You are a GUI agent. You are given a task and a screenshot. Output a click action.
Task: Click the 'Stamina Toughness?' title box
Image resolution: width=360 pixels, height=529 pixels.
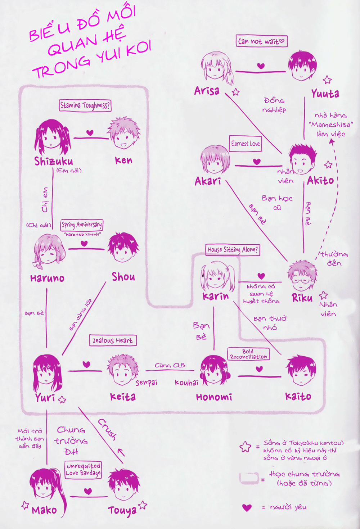coord(85,105)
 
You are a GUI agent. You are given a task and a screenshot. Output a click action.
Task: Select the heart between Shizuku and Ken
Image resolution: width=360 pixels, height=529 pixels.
coord(90,132)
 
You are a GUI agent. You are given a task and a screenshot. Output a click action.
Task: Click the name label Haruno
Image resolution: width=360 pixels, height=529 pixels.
coord(47,278)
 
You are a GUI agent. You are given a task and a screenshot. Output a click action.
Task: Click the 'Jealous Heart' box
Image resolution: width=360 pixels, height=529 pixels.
coord(113,340)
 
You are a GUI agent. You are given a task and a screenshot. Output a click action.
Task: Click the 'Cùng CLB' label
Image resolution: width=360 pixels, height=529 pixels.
coord(170,365)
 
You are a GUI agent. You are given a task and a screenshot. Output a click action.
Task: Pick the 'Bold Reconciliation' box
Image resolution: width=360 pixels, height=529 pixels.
coord(248,354)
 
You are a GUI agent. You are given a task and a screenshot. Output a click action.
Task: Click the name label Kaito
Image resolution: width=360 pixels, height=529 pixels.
coord(298,397)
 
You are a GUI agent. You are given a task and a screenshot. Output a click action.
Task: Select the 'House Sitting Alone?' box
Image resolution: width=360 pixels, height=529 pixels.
coord(233,249)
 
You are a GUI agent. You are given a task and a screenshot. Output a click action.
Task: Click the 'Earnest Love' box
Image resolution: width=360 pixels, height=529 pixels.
coord(246,144)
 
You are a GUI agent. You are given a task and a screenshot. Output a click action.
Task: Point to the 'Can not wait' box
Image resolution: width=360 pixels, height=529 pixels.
coord(261,41)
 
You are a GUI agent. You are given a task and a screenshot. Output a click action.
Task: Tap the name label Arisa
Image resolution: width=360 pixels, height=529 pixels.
coord(207,91)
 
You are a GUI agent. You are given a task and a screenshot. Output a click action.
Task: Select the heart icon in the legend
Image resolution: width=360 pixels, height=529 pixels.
coord(247,507)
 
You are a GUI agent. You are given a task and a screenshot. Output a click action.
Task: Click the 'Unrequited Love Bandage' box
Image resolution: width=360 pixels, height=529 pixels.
coord(83,470)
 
